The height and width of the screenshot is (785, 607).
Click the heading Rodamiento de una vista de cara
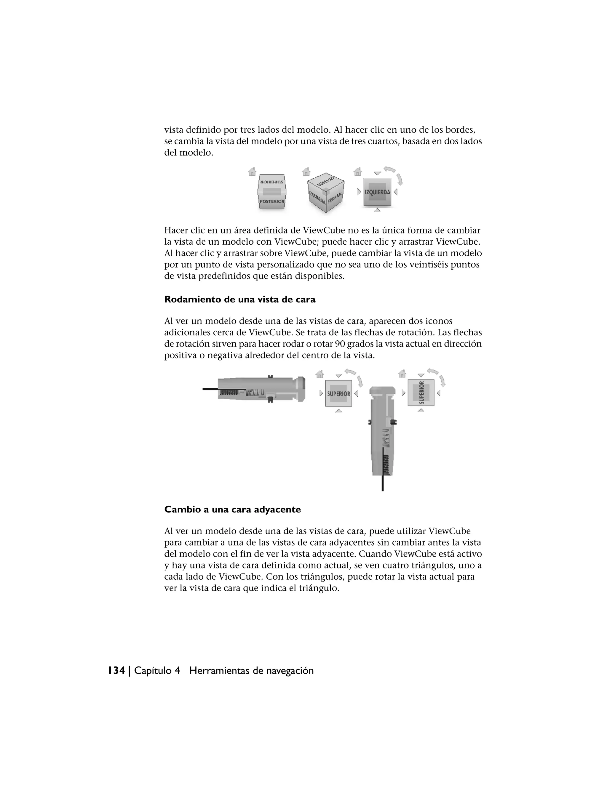click(239, 299)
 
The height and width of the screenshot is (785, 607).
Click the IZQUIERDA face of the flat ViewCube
click(377, 192)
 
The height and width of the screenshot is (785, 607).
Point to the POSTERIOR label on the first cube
click(272, 201)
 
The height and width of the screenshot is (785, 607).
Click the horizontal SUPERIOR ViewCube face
click(338, 394)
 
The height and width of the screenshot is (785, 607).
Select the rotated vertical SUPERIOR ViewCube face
click(421, 393)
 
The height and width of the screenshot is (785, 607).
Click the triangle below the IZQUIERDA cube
click(377, 210)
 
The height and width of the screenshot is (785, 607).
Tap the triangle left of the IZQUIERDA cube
click(359, 192)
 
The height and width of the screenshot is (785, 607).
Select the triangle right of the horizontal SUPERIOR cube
click(356, 394)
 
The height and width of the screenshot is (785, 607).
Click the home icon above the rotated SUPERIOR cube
click(402, 374)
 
